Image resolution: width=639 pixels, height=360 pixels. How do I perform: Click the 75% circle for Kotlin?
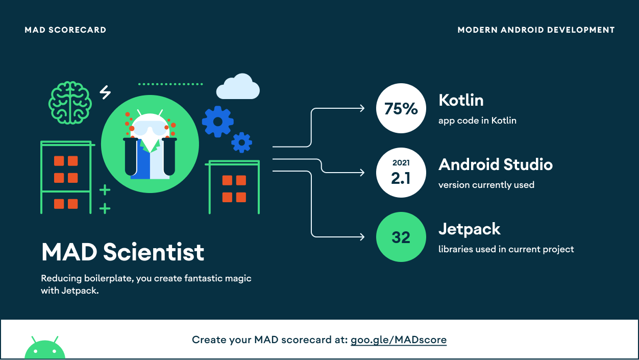(401, 108)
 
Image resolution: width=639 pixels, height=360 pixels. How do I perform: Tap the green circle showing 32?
(401, 236)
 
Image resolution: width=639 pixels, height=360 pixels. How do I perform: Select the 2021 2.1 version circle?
(401, 173)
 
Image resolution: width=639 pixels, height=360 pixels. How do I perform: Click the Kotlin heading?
(461, 100)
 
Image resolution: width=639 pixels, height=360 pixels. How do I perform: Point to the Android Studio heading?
(496, 164)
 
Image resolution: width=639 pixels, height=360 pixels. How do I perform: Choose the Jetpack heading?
(469, 229)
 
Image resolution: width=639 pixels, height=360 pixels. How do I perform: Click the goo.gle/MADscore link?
(399, 340)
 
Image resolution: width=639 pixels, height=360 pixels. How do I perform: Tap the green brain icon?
(70, 103)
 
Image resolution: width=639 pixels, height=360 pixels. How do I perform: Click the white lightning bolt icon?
(105, 92)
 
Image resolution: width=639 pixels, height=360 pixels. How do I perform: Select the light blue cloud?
(238, 86)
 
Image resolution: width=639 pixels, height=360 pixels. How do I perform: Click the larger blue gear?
(218, 122)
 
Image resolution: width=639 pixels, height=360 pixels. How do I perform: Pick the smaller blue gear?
(241, 142)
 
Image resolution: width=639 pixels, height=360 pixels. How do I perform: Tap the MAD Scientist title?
(122, 252)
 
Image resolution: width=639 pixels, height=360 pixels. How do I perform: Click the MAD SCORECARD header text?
(65, 30)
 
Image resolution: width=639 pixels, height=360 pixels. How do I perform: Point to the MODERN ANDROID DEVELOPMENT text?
(536, 30)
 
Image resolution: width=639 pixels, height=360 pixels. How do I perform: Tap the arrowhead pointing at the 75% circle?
(362, 108)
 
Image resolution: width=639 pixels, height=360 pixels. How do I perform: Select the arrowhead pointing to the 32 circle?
(362, 236)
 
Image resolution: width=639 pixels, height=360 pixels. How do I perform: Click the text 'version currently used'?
(486, 185)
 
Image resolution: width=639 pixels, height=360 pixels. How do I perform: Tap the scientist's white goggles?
(150, 129)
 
